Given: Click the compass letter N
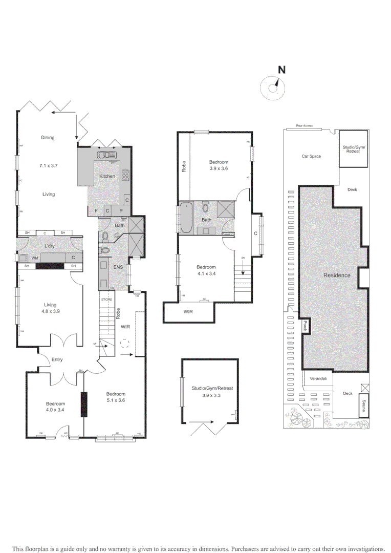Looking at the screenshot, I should coord(281,70).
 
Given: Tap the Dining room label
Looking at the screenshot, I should coord(48,137).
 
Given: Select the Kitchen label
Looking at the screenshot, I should coord(107,176).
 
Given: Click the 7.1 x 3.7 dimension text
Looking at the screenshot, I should coord(48,165).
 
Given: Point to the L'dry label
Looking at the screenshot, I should coord(49,246).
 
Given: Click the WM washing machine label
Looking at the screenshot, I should coord(34,258).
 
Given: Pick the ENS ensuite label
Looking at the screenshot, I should coord(118,267).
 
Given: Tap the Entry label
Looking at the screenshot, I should coord(57,359).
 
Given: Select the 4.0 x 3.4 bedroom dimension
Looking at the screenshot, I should coord(55,409).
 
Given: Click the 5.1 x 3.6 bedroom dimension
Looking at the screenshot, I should coord(116,400).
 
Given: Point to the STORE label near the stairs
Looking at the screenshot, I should coord(106,299).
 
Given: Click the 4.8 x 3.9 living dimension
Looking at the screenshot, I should coord(50,311).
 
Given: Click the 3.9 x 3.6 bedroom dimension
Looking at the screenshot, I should coord(219,168).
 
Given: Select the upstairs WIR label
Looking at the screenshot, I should coord(189,311).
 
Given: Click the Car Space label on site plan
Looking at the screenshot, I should coord(311,156).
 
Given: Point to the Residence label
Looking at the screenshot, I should coord(337,275).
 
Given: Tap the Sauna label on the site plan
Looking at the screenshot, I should coord(363,406).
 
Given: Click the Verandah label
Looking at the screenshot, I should coord(319,379).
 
